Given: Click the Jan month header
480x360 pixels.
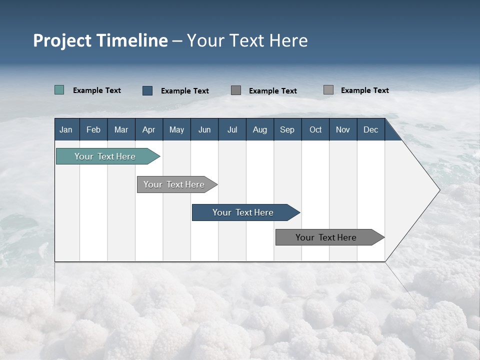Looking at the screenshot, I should (x=66, y=129).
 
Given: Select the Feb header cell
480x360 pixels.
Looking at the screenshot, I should (x=93, y=129).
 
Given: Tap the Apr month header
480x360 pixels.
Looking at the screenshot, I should (x=149, y=129).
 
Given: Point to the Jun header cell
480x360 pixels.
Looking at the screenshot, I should (x=204, y=129).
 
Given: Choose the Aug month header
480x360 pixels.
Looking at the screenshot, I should (x=260, y=129).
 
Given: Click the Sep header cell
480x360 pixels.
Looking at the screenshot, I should (x=287, y=129).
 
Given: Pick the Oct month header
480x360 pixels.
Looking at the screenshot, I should (x=315, y=129).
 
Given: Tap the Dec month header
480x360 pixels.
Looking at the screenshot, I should (x=371, y=129).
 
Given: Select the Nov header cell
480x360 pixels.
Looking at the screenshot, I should (x=343, y=129).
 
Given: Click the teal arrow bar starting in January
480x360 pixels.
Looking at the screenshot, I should (x=105, y=156).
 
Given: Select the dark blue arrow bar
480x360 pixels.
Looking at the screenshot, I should (x=243, y=212).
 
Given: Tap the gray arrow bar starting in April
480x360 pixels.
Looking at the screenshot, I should (x=174, y=184).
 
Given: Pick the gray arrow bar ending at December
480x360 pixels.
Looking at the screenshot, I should (x=326, y=237).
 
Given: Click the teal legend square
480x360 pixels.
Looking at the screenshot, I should (x=59, y=90).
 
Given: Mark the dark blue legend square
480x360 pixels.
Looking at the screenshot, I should (x=147, y=90).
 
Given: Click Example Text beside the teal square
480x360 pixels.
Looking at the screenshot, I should (x=97, y=90).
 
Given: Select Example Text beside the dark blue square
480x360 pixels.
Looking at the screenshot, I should (x=185, y=91).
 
